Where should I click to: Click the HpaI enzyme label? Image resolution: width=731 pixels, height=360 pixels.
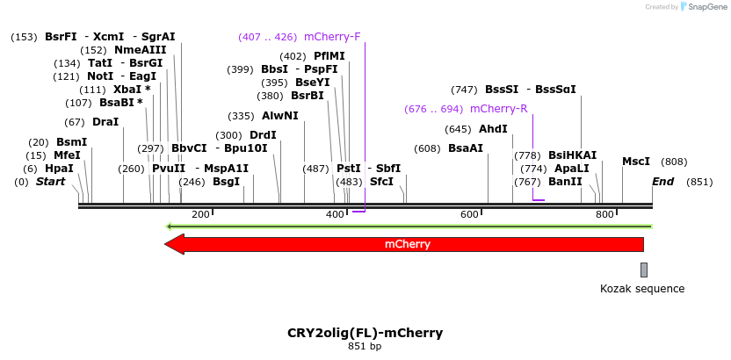pyautogui.click(x=59, y=169)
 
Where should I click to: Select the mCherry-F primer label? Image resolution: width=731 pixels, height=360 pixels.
pyautogui.click(x=332, y=37)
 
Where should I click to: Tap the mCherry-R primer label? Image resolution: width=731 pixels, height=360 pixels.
pyautogui.click(x=498, y=109)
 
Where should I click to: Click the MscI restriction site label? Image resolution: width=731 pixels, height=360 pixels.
pyautogui.click(x=636, y=162)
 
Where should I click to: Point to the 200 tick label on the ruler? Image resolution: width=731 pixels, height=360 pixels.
pyautogui.click(x=200, y=215)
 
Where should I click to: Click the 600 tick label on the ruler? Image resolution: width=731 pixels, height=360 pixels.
pyautogui.click(x=469, y=215)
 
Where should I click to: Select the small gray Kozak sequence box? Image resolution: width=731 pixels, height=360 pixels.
pyautogui.click(x=644, y=270)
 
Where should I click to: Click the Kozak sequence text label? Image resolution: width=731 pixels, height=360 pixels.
pyautogui.click(x=641, y=289)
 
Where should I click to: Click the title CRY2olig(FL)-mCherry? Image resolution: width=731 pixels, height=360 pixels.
pyautogui.click(x=365, y=333)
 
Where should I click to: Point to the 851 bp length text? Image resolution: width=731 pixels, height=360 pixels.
pyautogui.click(x=365, y=347)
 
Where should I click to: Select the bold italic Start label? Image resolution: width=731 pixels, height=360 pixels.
pyautogui.click(x=50, y=182)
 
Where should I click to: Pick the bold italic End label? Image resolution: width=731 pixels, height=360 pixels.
pyautogui.click(x=663, y=182)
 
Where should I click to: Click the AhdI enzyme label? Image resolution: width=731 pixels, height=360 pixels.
pyautogui.click(x=493, y=129)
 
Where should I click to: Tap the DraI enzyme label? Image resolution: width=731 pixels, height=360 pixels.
pyautogui.click(x=105, y=122)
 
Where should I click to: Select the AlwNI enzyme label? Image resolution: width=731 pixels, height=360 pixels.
pyautogui.click(x=279, y=116)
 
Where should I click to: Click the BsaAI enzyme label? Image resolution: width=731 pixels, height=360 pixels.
pyautogui.click(x=466, y=148)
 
